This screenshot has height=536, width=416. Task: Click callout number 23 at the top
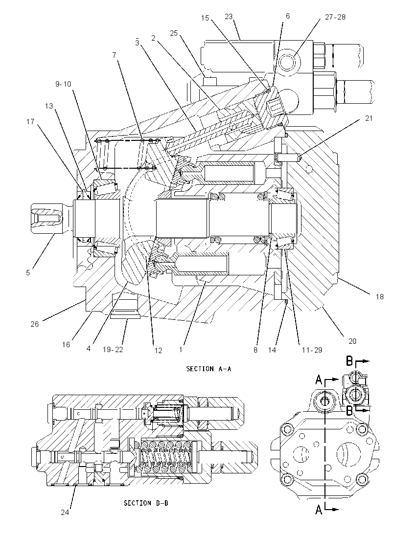(x=229, y=17)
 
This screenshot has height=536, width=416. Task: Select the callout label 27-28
(x=335, y=17)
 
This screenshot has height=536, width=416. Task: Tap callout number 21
(x=369, y=118)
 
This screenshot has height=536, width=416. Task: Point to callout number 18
(x=380, y=297)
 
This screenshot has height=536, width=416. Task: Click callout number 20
(x=352, y=341)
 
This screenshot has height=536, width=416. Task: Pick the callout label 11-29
(x=312, y=350)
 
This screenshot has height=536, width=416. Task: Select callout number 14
(x=272, y=350)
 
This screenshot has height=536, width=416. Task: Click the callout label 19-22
(x=113, y=349)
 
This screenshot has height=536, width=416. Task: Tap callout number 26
(x=35, y=324)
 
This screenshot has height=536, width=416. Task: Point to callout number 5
(x=28, y=272)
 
